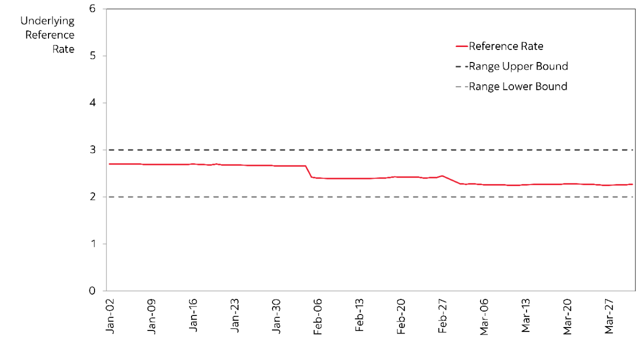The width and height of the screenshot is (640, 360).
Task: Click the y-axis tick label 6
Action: pos(92,9)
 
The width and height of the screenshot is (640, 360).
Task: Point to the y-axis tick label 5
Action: pos(92,56)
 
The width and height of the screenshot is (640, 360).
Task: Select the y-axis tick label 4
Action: pos(92,103)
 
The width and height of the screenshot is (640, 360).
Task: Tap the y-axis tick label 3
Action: pos(92,150)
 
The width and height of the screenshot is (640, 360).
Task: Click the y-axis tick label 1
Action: pos(92,244)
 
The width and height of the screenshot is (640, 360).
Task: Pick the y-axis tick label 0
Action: pos(92,291)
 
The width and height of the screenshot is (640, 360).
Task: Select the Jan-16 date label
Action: pos(193,317)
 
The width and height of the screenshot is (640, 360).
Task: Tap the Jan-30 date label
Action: pos(276,317)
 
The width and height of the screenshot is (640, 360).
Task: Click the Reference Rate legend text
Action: pos(506,46)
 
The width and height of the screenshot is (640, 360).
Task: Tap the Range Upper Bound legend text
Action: pos(518,66)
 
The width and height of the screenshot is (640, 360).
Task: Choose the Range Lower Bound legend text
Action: pos(518,86)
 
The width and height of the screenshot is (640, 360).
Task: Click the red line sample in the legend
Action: pos(461,46)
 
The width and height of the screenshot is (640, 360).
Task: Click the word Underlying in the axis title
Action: pos(47,21)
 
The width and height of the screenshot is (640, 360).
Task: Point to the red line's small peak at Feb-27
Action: pos(442,175)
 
